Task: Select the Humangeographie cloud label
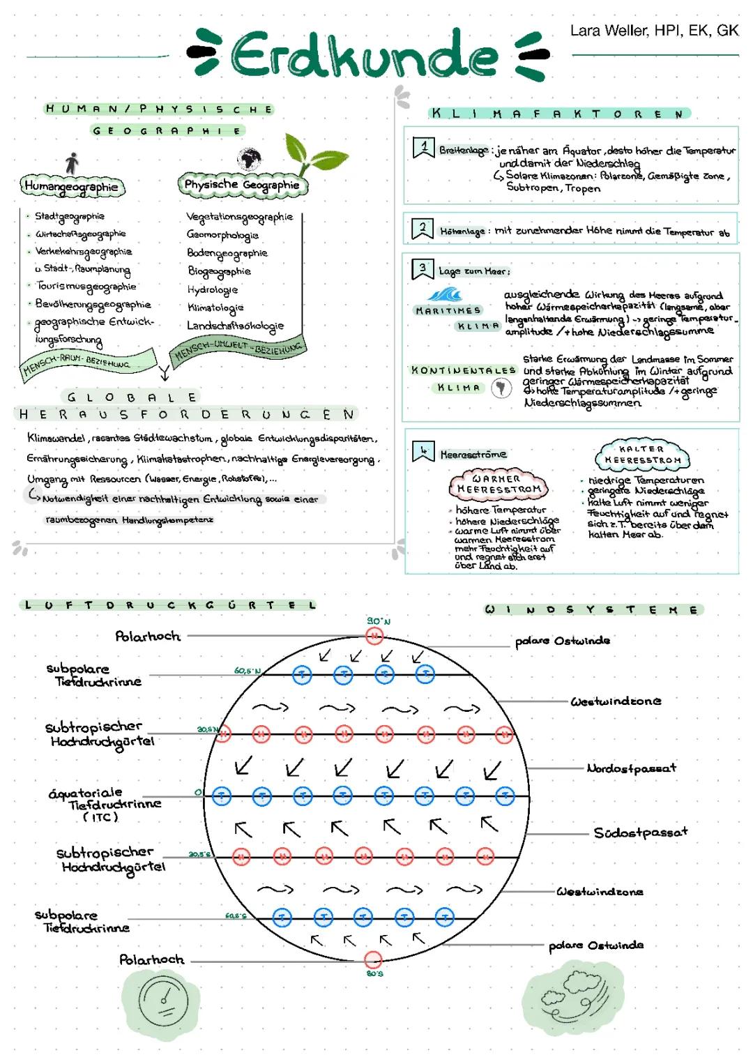pos(71,186)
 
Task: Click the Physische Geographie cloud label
pos(241,185)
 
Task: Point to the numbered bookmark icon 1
pos(423,148)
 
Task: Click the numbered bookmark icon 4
pos(423,452)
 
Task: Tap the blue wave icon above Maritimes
pos(445,295)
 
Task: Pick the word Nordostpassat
pos(631,768)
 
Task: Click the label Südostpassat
pos(640,832)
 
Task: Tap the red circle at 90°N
pos(374,635)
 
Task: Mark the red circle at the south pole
pos(374,959)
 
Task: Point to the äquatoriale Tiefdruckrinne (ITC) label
pos(105,804)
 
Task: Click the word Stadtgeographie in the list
pos(70,216)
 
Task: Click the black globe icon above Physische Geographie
pos(248,160)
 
